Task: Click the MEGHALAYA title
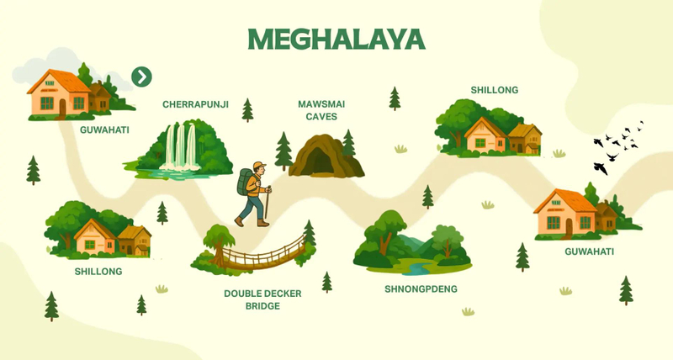coord(336,40)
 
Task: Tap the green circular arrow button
coord(142,77)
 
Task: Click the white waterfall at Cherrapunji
coord(180,146)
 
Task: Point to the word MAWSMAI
coord(321,104)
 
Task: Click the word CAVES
coord(321,117)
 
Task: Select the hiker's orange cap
coord(257,166)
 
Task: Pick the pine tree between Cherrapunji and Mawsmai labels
coord(247,109)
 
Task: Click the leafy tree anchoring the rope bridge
coord(219,240)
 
